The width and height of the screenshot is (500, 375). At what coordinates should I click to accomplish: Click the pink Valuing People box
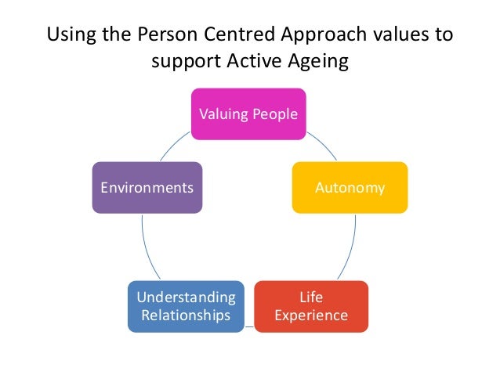248,114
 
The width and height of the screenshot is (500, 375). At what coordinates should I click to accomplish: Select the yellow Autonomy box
350,188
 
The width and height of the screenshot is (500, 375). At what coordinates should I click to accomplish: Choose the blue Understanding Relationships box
185,306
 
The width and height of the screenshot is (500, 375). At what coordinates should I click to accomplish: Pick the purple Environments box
147,188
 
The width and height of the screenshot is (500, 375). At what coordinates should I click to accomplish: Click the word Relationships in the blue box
185,316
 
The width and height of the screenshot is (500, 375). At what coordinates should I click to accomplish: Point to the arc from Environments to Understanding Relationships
145,247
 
